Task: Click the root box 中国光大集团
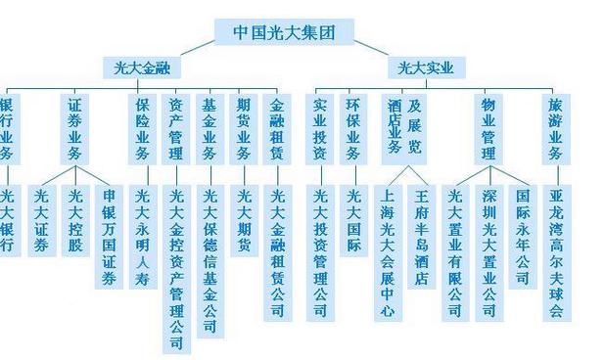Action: (285, 31)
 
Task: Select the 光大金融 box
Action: (141, 67)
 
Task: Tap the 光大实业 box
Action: (426, 67)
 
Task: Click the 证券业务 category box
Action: (75, 127)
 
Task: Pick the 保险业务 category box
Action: (143, 127)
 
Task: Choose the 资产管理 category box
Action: (176, 127)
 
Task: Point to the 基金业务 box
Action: (209, 127)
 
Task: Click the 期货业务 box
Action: (244, 127)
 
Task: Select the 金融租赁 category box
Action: (277, 127)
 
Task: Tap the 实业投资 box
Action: (320, 127)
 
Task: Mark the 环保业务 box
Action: (353, 127)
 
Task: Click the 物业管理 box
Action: (489, 127)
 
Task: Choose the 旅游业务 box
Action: (555, 127)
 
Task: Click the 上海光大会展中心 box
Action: (388, 252)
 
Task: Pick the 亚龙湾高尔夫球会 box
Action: (555, 252)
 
